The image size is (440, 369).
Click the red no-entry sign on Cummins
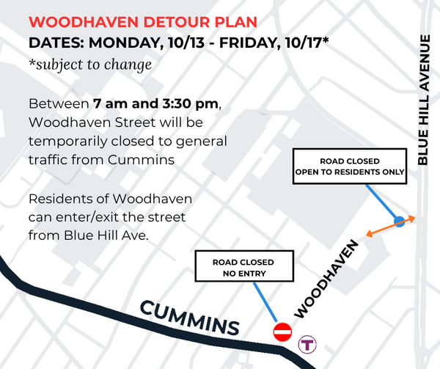(282, 332)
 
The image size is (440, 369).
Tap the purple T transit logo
(307, 344)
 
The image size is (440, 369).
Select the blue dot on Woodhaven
(398, 221)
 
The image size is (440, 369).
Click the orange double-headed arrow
(390, 226)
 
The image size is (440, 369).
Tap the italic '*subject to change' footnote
(89, 65)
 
